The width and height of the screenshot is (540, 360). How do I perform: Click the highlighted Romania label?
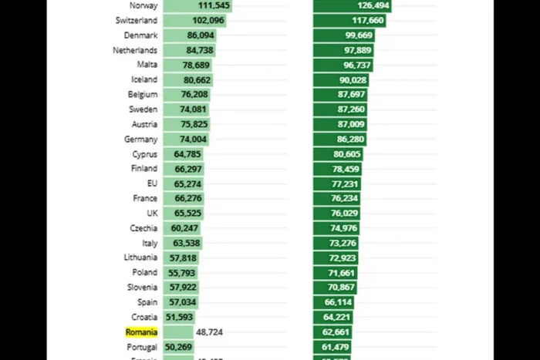tap(141, 332)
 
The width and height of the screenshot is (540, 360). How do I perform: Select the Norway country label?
tap(143, 5)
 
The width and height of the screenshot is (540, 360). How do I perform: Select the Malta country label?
tap(147, 65)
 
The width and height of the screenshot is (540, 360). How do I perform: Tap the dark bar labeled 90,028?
tap(341, 80)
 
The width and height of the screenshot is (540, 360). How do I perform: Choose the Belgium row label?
tap(143, 95)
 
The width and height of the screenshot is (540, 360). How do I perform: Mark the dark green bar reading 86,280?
tap(339, 140)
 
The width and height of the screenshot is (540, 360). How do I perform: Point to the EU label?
tap(152, 183)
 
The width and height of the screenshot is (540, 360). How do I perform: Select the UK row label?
tap(152, 214)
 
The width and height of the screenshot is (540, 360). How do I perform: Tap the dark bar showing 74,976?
tap(336, 228)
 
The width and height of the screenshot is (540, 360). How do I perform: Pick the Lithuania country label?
tap(140, 257)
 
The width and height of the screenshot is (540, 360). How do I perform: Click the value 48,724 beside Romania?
tap(210, 332)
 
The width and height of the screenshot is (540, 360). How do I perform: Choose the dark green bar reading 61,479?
tap(332, 347)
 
